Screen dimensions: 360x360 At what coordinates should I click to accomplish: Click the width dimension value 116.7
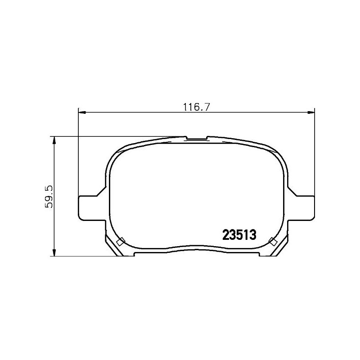coord(197,107)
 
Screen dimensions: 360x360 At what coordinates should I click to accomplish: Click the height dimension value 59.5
coord(50,196)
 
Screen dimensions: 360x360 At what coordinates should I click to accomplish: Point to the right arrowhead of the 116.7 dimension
coord(310,113)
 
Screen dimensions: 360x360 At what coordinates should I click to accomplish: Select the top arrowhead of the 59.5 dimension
coord(54,139)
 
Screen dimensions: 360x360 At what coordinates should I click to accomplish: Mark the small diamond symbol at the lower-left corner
coord(120,242)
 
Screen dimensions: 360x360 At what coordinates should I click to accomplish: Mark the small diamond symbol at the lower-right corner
coord(272,242)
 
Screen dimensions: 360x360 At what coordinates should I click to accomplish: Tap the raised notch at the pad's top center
coord(196,138)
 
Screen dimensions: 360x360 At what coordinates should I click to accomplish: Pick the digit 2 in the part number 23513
coord(225,234)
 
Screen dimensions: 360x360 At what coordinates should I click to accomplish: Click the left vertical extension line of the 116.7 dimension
coord(79,153)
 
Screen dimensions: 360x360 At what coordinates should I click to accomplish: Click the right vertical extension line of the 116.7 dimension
coord(314,153)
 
